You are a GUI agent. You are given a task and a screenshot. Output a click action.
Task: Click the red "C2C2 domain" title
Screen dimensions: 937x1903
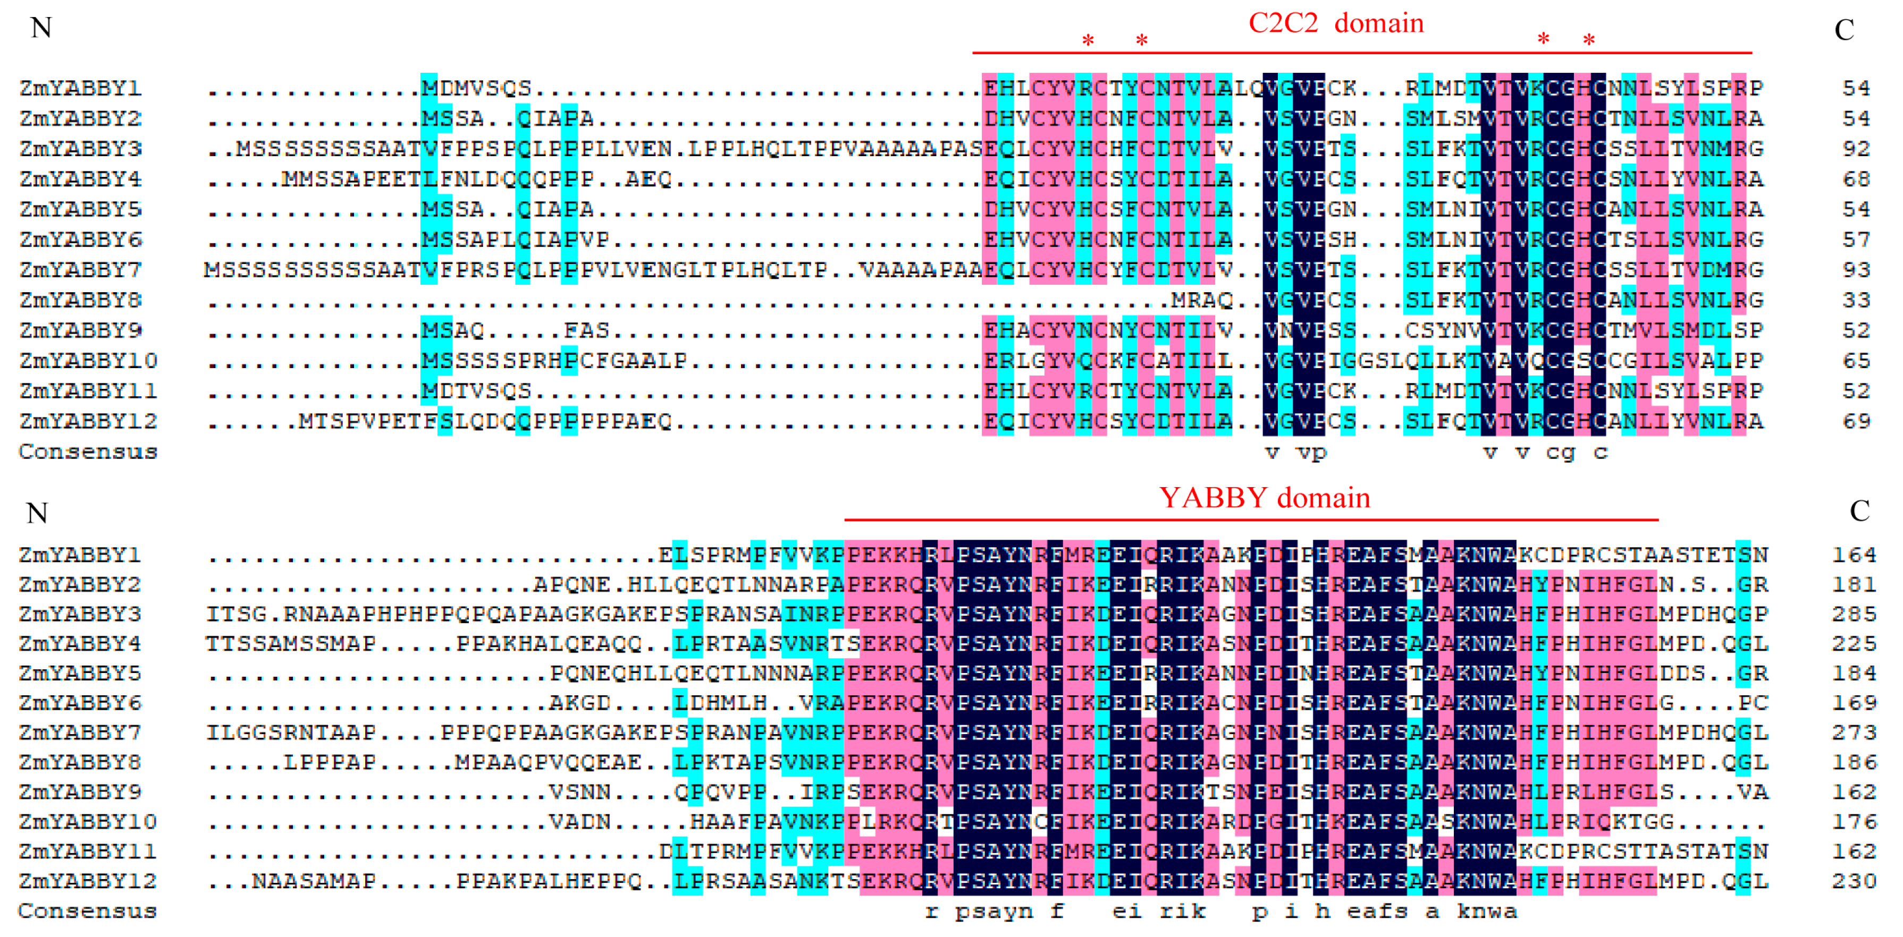[x=1336, y=23]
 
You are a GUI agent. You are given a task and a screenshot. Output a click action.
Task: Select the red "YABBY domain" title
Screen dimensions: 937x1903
[x=1264, y=498]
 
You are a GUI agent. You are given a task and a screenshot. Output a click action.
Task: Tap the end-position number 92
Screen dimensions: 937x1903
[x=1856, y=149]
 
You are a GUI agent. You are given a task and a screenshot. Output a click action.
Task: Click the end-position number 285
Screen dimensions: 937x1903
[x=1854, y=615]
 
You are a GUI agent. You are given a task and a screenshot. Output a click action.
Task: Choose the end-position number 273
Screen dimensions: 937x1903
[x=1854, y=733]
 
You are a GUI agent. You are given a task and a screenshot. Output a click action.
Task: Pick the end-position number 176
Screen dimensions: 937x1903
[x=1854, y=822]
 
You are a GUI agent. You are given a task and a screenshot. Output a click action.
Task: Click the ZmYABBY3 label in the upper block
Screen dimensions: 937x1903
[x=80, y=149]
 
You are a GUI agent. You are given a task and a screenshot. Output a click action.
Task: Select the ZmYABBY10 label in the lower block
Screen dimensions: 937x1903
[x=88, y=822]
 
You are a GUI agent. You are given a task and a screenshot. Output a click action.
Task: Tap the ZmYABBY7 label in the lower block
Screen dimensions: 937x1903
[x=80, y=733]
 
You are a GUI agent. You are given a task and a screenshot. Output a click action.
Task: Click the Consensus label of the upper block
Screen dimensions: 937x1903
[x=88, y=452]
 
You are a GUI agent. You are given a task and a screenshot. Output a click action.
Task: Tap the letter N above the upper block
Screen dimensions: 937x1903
[x=40, y=28]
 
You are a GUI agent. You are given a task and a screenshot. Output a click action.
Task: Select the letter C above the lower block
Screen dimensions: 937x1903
[x=1859, y=511]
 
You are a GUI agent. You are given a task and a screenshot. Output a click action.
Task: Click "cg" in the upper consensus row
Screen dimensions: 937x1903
[x=1560, y=453]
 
